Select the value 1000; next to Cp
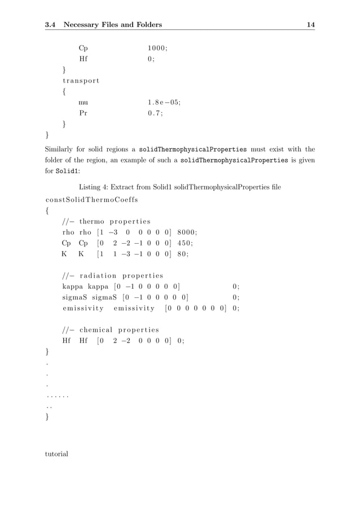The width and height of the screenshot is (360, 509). click(157, 49)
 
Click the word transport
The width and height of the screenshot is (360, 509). click(81, 81)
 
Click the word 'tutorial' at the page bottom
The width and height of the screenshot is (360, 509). click(56, 453)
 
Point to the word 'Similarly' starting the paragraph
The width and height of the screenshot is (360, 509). click(61, 150)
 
